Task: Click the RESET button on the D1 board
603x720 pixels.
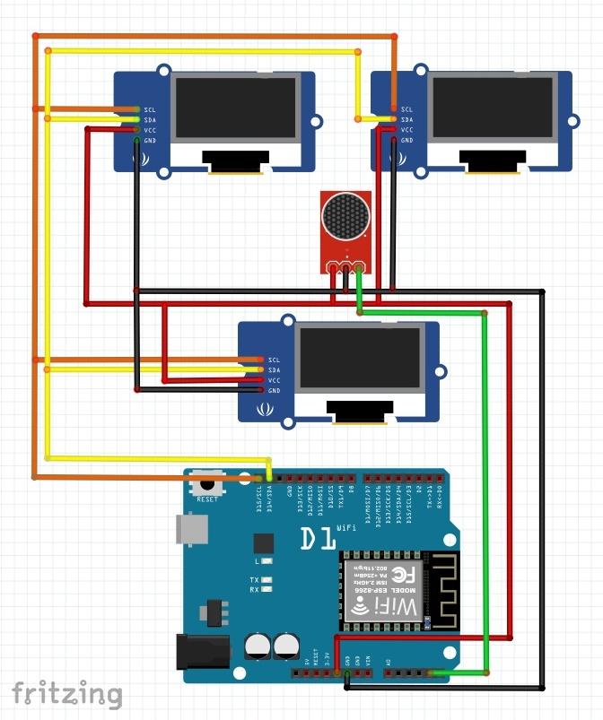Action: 207,484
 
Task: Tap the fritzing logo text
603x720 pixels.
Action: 67,693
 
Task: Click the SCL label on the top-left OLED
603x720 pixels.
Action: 149,109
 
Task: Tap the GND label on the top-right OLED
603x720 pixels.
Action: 406,141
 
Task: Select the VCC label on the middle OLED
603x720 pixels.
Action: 274,380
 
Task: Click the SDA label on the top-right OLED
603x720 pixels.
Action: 406,119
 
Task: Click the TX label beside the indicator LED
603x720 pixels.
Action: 254,580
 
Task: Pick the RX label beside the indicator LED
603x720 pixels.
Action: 254,590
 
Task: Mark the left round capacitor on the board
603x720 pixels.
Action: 258,646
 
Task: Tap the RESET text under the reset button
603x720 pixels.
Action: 207,499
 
